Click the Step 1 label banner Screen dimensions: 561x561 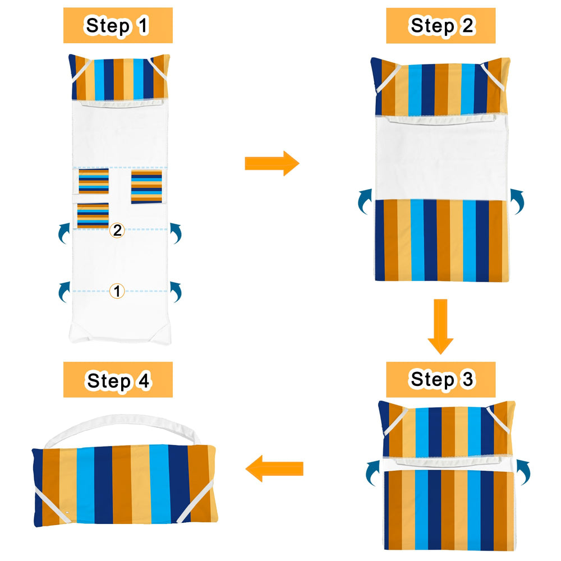(118, 25)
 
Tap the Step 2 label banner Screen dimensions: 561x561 (440, 25)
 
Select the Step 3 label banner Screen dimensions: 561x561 (440, 379)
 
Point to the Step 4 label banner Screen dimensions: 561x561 (118, 380)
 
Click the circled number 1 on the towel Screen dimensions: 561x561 (117, 291)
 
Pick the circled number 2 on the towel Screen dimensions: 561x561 (117, 230)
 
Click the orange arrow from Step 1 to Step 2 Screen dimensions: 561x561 (272, 163)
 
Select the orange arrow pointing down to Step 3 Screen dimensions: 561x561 (440, 327)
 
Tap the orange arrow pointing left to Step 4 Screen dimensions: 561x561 (274, 468)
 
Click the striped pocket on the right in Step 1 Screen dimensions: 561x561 (146, 187)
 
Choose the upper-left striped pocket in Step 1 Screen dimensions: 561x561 (94, 181)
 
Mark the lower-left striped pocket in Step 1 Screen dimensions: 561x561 (93, 215)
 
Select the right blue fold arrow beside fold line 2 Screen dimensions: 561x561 (177, 233)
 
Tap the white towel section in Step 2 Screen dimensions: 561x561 (442, 158)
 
